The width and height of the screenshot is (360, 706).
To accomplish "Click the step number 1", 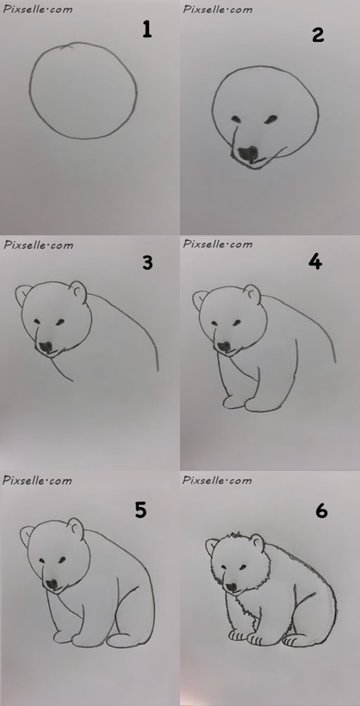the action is pyautogui.click(x=147, y=30).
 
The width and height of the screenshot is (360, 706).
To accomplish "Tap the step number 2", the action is pyautogui.click(x=318, y=34).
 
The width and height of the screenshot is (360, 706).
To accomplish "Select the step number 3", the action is pyautogui.click(x=147, y=263).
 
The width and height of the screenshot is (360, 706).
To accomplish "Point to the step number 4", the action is pyautogui.click(x=315, y=261).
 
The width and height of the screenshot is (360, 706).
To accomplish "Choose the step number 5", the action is pyautogui.click(x=141, y=510).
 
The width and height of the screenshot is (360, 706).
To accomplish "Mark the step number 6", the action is pyautogui.click(x=321, y=510).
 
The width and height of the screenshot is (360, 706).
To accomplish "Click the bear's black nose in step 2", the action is pyautogui.click(x=248, y=155).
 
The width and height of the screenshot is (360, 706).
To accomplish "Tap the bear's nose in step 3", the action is pyautogui.click(x=46, y=347).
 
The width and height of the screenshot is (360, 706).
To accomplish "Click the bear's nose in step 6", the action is pyautogui.click(x=231, y=587).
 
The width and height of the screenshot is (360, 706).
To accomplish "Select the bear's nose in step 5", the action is pyautogui.click(x=52, y=584).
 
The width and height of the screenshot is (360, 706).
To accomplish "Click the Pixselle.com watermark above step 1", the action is pyautogui.click(x=37, y=8).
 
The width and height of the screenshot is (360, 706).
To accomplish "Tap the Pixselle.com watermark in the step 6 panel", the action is pyautogui.click(x=217, y=480).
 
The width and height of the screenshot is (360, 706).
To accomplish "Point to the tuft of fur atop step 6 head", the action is pyautogui.click(x=233, y=536).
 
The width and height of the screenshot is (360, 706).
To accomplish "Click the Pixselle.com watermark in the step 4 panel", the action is pyautogui.click(x=217, y=244).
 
